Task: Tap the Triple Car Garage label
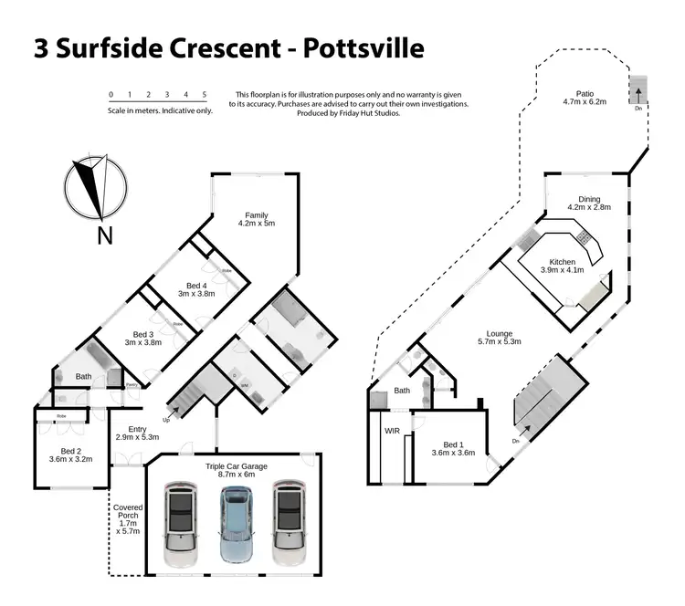[229, 469]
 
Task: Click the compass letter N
[105, 235]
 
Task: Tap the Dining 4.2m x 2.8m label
[588, 204]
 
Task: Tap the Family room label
[256, 219]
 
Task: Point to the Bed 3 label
[144, 340]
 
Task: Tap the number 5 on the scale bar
[205, 95]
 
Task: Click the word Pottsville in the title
[350, 47]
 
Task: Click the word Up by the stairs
[166, 420]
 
